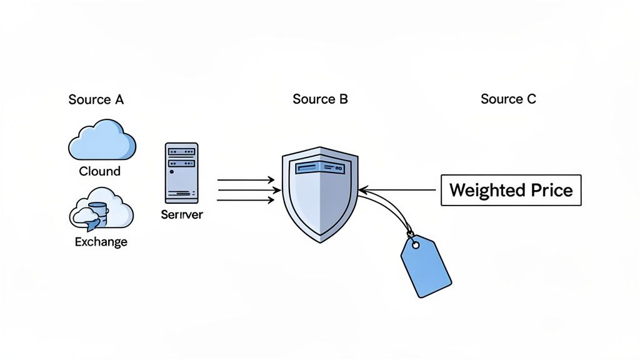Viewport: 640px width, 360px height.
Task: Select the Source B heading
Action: pos(320,99)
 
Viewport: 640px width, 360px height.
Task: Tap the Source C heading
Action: pos(508,99)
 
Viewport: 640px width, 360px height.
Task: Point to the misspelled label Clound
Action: pos(100,171)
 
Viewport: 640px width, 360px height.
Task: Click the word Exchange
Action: pos(101,242)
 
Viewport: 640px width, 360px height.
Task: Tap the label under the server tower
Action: pos(181,214)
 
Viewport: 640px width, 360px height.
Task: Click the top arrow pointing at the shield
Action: pos(245,181)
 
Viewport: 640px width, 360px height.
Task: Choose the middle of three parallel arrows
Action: pos(245,191)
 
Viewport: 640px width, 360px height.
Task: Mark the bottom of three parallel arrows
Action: pos(245,201)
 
